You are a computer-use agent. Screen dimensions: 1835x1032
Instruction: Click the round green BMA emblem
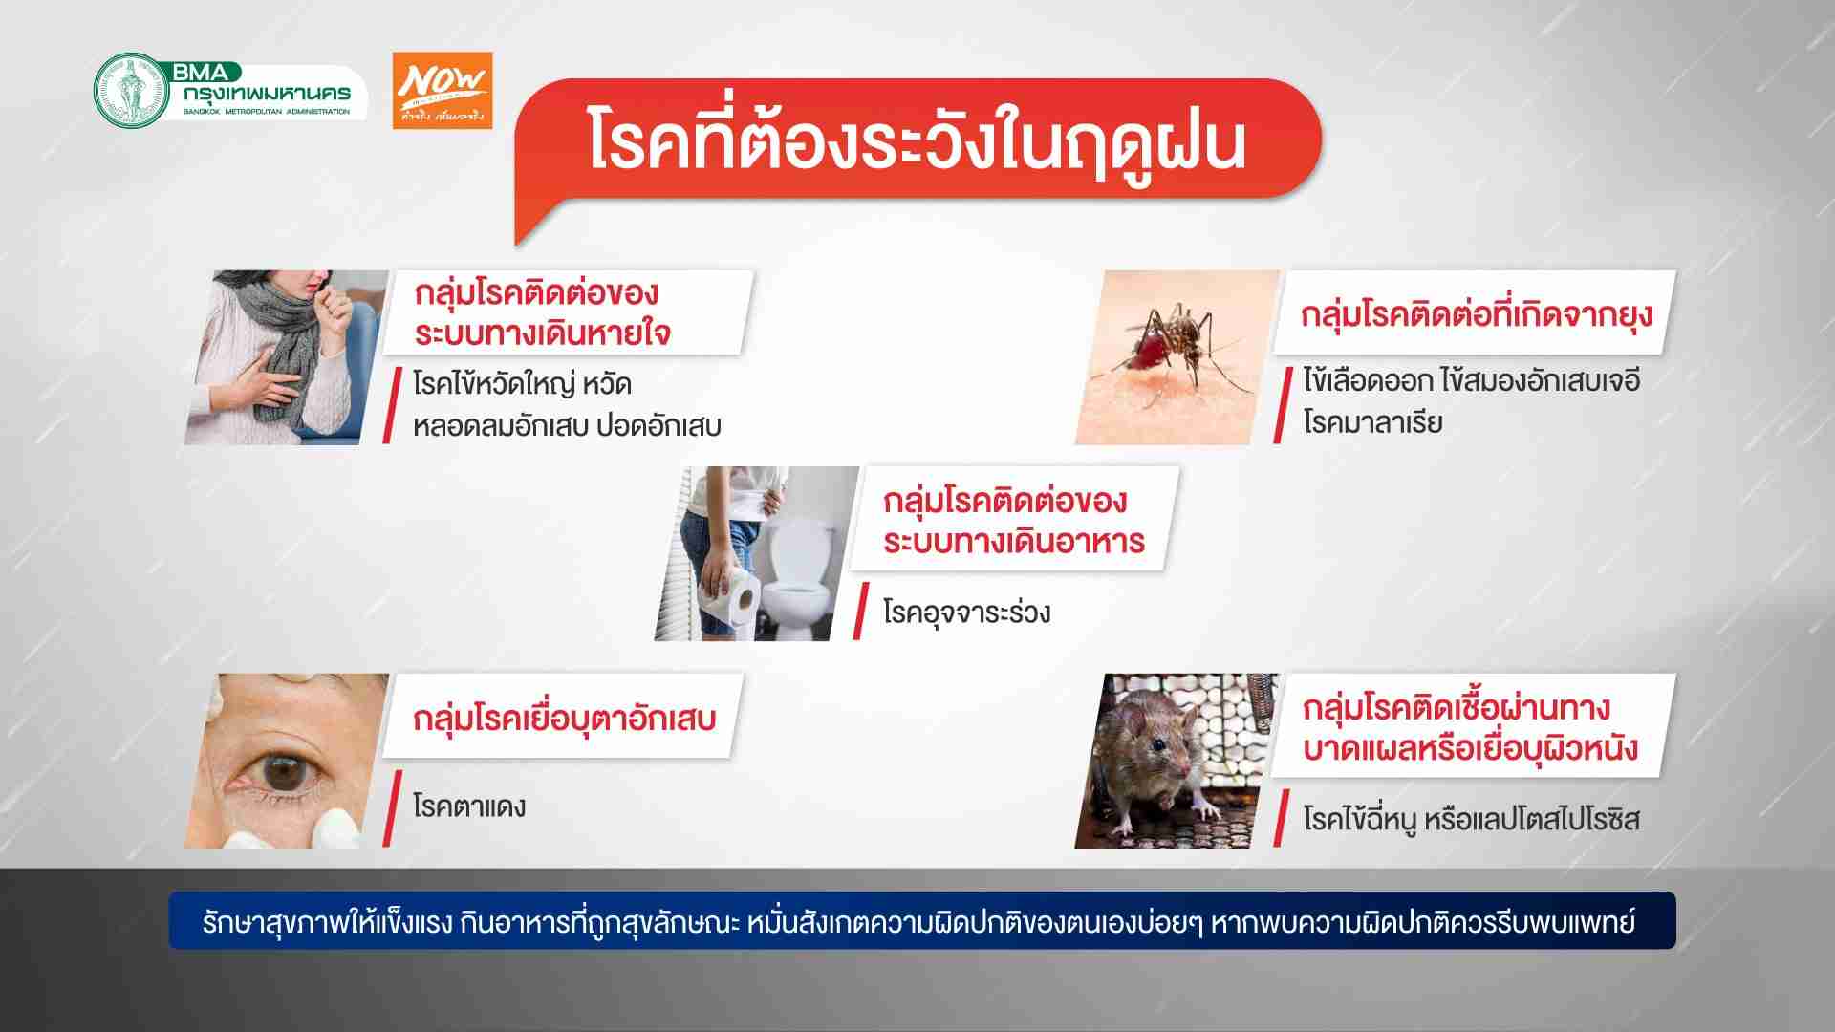132,91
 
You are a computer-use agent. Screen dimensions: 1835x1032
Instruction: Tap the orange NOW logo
443,91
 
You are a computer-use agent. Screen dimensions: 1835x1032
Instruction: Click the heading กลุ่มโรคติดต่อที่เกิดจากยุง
1477,314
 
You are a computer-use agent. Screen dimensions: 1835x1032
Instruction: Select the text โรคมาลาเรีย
1372,422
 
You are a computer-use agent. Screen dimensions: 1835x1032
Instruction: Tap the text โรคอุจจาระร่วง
966,612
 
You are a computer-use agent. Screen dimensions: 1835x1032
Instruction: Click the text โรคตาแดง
469,806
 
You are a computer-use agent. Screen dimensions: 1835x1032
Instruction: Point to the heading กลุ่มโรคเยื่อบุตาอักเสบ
564,719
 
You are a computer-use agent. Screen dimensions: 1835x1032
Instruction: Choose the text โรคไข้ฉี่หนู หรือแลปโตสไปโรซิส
1472,820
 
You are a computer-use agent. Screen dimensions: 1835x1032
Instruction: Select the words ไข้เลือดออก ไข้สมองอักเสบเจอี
1472,380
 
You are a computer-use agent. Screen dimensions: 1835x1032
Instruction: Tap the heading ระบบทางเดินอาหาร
1014,542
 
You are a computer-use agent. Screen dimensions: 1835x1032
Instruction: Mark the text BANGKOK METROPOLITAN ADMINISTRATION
267,112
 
